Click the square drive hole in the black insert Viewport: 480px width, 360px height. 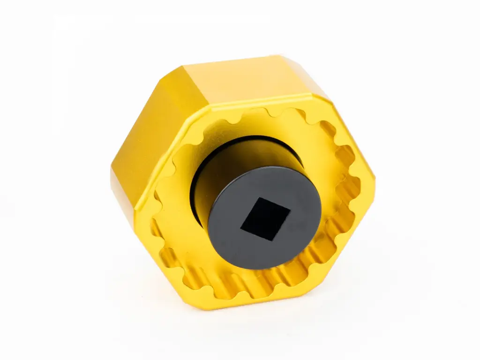[x=265, y=219]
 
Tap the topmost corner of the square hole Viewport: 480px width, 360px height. [x=259, y=197]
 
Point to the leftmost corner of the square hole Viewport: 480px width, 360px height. [x=241, y=229]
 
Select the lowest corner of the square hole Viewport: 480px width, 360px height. [x=273, y=240]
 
